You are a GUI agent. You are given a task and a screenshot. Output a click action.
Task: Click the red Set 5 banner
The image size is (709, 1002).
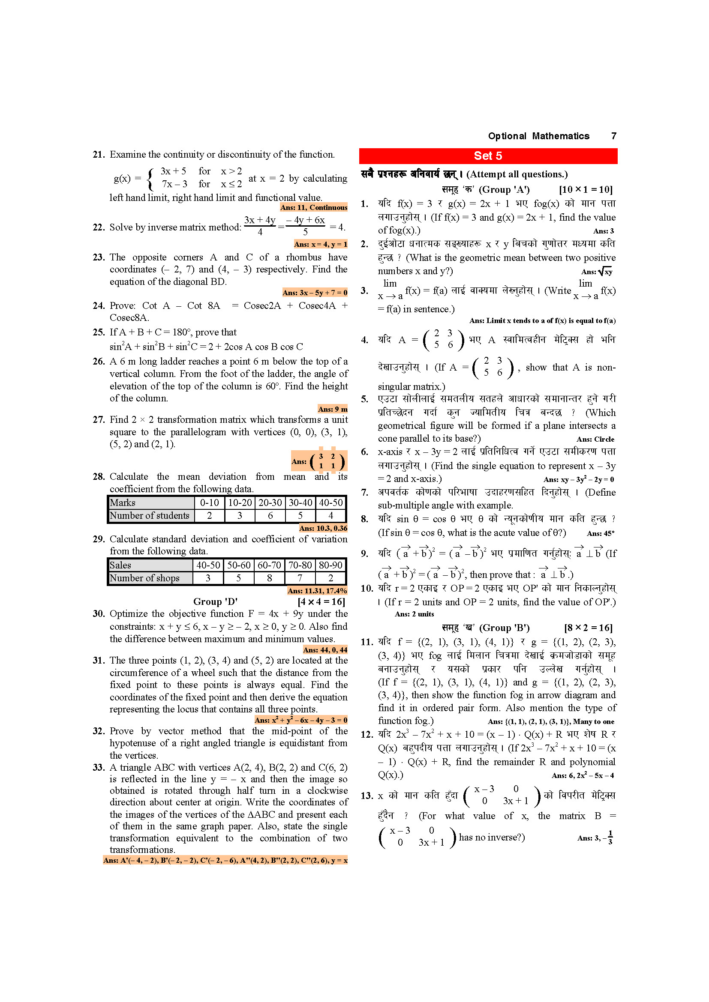point(488,156)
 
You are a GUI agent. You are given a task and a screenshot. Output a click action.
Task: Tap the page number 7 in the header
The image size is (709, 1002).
point(613,136)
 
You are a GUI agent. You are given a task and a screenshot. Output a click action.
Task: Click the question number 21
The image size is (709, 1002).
point(99,155)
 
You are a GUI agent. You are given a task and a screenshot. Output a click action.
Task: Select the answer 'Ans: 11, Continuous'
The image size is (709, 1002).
point(313,207)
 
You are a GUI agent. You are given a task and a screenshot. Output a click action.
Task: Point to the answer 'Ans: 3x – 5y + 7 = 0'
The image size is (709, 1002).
point(314,293)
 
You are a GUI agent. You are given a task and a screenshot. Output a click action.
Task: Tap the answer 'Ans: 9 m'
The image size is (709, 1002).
point(332,409)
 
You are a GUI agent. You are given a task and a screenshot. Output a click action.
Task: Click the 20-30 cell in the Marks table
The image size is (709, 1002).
point(270,502)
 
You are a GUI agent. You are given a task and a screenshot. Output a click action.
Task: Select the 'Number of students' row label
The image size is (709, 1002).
point(149,515)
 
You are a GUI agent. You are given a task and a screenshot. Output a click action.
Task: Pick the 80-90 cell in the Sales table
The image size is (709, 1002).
point(330,565)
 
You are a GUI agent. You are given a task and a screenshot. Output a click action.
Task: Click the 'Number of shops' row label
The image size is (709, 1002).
point(144,578)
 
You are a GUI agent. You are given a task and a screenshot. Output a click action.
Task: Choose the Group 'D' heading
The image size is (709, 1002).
point(215,601)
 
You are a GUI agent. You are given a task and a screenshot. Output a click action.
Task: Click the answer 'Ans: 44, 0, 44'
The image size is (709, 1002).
point(325,650)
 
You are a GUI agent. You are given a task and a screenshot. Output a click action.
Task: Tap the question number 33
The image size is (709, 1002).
point(99,767)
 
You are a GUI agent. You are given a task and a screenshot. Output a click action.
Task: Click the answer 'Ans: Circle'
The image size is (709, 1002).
point(595,439)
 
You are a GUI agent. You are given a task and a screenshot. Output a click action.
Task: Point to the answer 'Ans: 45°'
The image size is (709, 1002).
point(600,533)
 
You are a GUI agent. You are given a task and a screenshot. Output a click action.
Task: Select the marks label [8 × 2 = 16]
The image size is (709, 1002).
point(588,628)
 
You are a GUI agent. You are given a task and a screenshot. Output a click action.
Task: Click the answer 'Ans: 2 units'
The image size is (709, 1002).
point(414,614)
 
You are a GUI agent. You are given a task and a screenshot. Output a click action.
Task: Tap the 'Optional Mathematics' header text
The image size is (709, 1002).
point(538,136)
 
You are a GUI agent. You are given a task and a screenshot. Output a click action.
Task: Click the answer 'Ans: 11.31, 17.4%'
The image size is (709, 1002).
point(316,590)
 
